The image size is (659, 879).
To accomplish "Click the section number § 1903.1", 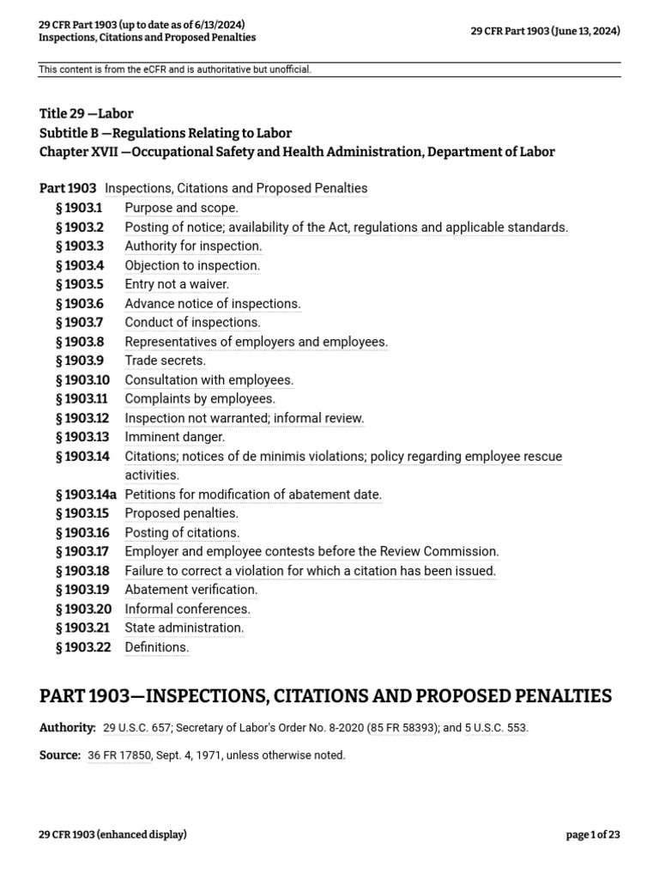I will click(x=78, y=208).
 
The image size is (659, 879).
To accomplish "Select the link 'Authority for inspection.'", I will click(x=193, y=246).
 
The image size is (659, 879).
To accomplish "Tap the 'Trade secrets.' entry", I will click(x=165, y=361).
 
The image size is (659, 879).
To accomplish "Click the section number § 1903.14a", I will click(x=86, y=494).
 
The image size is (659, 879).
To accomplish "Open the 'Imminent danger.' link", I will click(x=174, y=437).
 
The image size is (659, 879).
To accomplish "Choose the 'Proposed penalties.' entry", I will click(x=181, y=513).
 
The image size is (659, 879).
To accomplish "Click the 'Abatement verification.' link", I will click(x=190, y=590).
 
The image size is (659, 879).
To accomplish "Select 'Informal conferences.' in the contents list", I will click(x=187, y=609).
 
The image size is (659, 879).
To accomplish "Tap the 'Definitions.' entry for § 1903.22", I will click(x=156, y=647).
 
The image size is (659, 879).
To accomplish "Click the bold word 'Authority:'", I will click(x=68, y=728).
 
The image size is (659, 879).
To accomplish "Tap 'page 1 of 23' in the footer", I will click(x=593, y=834).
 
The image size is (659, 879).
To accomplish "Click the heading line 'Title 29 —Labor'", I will click(x=86, y=113).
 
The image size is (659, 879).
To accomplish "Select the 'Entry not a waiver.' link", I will click(x=177, y=284).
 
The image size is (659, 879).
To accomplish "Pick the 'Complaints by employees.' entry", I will click(x=200, y=398).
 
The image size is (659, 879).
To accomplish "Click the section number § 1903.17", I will click(x=82, y=551).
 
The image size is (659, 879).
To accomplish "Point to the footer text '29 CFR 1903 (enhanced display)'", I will click(x=112, y=834).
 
